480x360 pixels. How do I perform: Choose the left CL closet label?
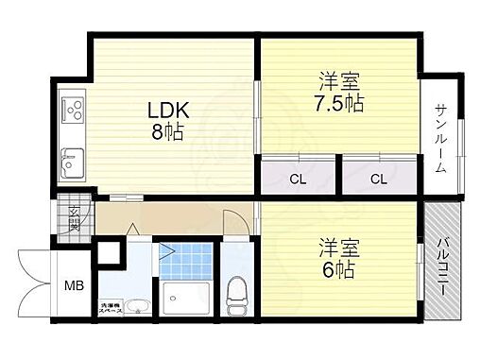coord(297,178)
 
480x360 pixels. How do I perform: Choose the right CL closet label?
coord(378,178)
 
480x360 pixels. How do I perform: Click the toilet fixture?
coord(235,297)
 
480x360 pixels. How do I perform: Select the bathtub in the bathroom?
coord(184,300)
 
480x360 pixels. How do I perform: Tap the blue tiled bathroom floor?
coord(185,260)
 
